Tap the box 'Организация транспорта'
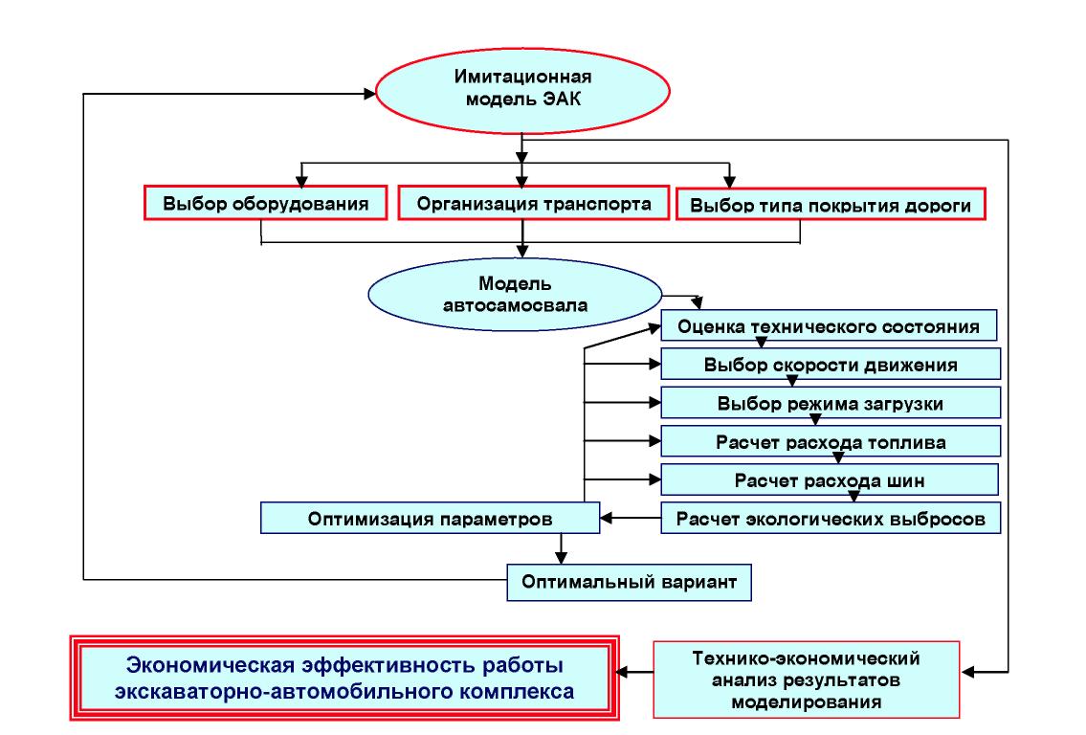(x=522, y=204)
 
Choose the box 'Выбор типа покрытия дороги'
(x=830, y=205)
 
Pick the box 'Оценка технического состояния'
(x=829, y=325)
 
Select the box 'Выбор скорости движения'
(x=830, y=365)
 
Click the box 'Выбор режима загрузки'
(x=830, y=403)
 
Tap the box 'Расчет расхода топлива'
(x=830, y=442)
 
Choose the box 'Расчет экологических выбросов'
(x=831, y=519)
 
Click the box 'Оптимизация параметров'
(x=430, y=520)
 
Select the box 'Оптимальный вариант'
(x=628, y=581)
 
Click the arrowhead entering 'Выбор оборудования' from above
(x=302, y=180)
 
